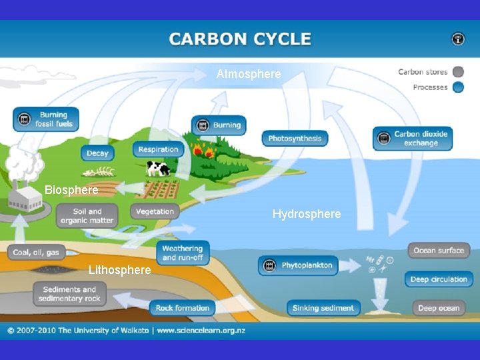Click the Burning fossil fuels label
click(x=45, y=119)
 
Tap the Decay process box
click(x=97, y=153)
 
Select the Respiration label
click(x=158, y=150)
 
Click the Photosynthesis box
click(x=295, y=139)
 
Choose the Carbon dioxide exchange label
click(x=411, y=138)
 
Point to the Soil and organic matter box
click(x=87, y=216)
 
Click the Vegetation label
click(x=155, y=212)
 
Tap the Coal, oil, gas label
click(x=37, y=252)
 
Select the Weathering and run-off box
click(x=183, y=253)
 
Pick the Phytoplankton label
click(x=298, y=265)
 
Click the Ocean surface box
click(x=438, y=251)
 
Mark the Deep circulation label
click(x=439, y=279)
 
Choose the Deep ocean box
click(x=438, y=307)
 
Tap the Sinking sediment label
click(x=324, y=307)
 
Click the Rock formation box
click(x=182, y=307)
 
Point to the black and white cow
click(x=158, y=168)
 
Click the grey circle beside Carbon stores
click(x=458, y=72)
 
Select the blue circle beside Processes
click(x=458, y=87)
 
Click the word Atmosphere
click(x=249, y=74)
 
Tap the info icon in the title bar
click(x=458, y=39)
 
